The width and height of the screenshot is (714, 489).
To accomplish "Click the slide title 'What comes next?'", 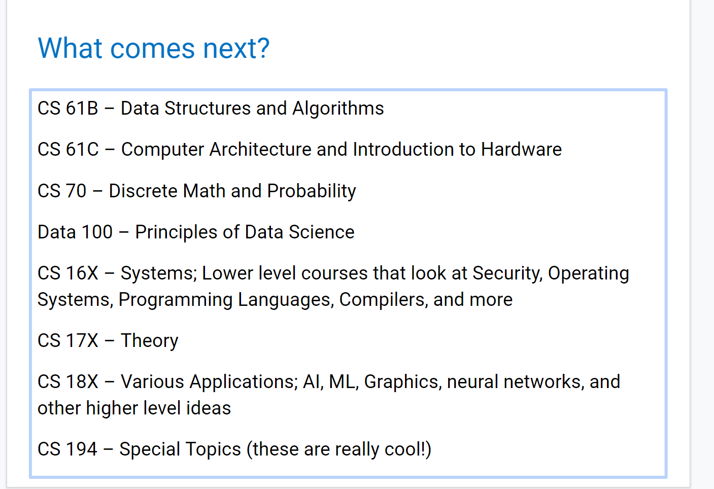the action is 154,48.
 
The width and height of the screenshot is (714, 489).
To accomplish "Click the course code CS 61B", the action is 68,109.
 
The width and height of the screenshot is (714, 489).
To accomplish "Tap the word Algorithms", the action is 338,109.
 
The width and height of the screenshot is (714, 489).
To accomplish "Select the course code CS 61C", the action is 68,150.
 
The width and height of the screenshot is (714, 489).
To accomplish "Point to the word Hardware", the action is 522,150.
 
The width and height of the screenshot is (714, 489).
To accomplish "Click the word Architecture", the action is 260,150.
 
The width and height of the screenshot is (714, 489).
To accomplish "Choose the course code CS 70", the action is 62,191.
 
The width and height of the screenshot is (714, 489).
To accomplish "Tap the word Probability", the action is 312,191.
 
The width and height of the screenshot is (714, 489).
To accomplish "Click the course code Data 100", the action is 75,232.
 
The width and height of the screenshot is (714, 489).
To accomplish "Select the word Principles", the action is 176,232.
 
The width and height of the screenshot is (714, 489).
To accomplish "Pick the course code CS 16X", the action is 68,273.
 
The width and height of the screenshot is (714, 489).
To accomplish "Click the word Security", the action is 507,274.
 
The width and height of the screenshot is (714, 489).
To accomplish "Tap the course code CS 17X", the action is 68,340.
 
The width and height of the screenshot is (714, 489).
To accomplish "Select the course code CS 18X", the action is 68,382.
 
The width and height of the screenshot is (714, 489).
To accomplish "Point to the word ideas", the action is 209,408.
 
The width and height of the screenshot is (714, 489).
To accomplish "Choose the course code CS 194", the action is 67,449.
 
